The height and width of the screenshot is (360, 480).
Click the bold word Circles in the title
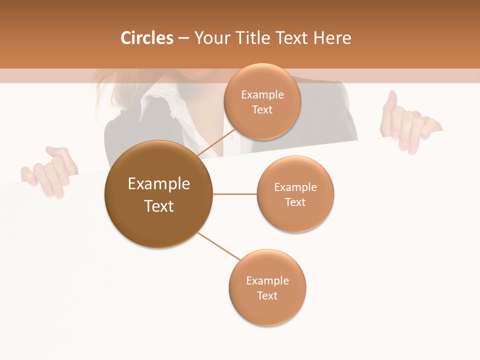147,38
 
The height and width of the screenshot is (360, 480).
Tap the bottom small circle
267,312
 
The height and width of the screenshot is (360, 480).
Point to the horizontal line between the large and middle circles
234,194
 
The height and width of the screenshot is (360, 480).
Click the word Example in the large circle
159,184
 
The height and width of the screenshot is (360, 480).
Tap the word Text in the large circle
159,206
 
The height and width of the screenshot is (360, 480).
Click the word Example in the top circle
262,95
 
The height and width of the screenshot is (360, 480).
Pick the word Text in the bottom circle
267,295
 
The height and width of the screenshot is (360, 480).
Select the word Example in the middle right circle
295,187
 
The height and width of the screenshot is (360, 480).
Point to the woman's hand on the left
50,170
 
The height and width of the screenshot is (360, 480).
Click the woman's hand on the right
407,122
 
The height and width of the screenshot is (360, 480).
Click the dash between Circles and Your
183,38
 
